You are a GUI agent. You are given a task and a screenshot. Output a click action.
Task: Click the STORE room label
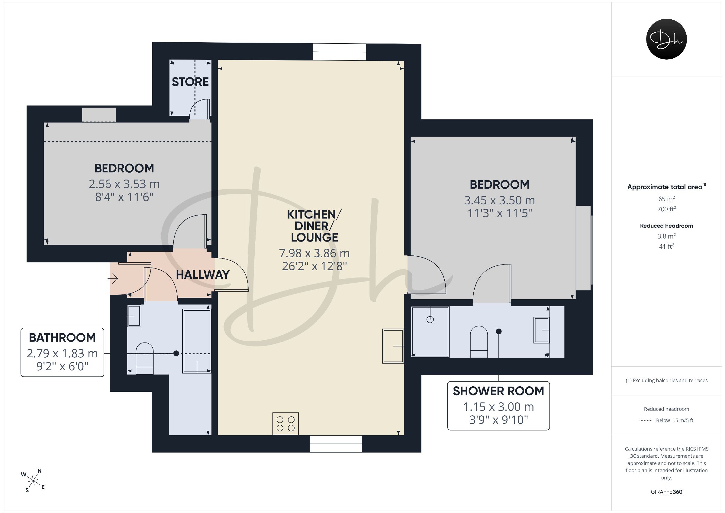(190, 82)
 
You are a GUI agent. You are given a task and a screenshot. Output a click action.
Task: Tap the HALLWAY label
(203, 275)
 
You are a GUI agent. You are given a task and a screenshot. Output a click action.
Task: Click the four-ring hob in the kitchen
(285, 424)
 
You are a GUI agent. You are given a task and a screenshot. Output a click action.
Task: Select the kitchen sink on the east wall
(393, 346)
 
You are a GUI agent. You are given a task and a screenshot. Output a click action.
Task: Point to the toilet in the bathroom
(145, 359)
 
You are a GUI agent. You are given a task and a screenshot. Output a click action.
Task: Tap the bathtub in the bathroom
(197, 341)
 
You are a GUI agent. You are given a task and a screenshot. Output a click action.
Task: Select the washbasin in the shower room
(542, 330)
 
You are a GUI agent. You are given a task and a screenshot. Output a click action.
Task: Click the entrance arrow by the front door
(113, 279)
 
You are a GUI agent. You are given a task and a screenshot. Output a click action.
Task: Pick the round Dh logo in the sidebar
(666, 39)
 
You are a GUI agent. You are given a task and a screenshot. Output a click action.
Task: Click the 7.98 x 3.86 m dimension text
(314, 253)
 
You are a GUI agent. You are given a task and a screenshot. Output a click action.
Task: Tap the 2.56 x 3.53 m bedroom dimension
(124, 184)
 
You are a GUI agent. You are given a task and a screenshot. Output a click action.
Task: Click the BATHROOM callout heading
(62, 338)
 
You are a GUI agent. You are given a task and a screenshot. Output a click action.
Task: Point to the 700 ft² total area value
(666, 209)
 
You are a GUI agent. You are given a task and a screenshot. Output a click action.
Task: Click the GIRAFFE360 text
(666, 492)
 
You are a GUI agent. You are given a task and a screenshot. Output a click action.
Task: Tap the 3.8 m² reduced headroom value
(666, 236)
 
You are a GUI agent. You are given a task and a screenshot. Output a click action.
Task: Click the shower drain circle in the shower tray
(430, 319)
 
